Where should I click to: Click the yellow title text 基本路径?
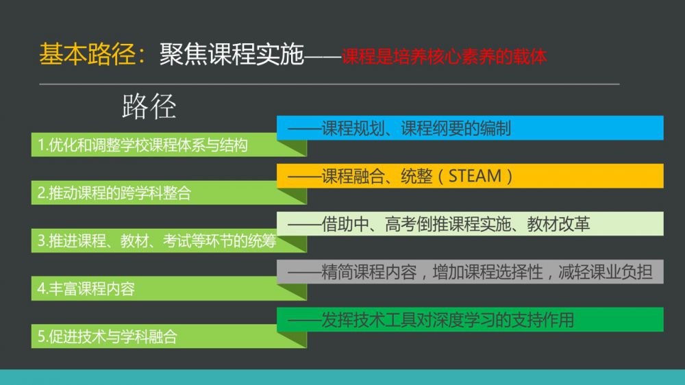coord(88,55)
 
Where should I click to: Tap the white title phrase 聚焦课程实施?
coord(232,55)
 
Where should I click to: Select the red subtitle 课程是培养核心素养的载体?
coord(444,57)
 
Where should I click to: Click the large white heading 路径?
coord(149,106)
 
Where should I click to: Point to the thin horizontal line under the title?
coord(329,84)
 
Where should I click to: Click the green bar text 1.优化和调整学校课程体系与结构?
coord(143,145)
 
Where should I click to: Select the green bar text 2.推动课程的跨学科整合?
coord(114,193)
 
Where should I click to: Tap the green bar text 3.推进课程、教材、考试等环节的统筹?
coord(157,240)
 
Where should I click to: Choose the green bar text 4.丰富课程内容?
coord(86,289)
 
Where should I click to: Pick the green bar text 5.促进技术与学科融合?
coord(108,337)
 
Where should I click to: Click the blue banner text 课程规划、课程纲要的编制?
coord(416,129)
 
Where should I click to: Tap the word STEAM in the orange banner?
coord(475,176)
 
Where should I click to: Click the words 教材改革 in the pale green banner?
coord(558,224)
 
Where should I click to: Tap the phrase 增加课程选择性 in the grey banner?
coord(488,272)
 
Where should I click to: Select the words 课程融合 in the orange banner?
coord(353,176)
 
